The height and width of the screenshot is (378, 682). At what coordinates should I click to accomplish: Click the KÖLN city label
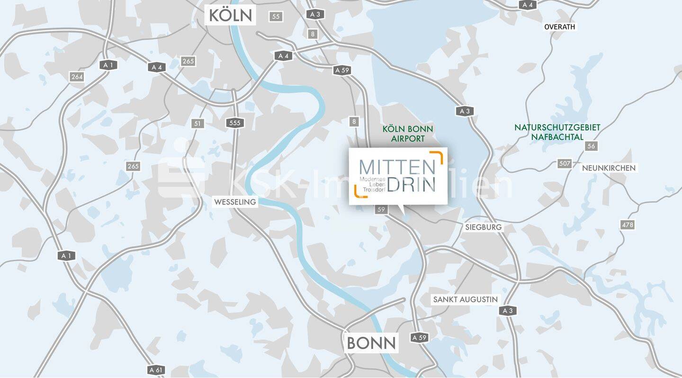point(230,15)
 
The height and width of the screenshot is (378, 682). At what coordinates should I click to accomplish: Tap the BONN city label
point(371,342)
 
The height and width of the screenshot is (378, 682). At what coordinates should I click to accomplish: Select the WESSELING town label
point(235,202)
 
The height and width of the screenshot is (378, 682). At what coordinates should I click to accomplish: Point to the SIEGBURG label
point(483,227)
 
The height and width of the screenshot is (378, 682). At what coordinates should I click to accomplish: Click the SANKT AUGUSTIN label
point(466,299)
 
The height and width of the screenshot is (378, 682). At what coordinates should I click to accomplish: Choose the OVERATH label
point(559,27)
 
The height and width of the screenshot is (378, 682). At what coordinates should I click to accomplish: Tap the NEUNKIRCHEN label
point(609,168)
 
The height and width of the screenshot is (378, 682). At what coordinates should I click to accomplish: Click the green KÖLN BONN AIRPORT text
point(408,134)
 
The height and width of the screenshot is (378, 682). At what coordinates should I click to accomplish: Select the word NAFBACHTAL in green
point(557,137)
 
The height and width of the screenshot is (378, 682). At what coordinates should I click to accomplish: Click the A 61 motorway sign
point(156,369)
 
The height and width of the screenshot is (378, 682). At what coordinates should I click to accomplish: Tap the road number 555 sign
point(234,123)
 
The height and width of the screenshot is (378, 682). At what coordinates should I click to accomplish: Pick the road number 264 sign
point(76,77)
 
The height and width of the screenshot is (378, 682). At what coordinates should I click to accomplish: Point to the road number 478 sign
point(628,225)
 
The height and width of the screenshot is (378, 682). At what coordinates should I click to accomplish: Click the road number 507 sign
point(565,163)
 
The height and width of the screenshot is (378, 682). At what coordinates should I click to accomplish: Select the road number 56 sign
point(591,146)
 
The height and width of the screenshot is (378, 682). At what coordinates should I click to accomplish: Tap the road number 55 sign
point(276,17)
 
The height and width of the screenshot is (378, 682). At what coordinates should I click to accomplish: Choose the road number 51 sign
point(197,124)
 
